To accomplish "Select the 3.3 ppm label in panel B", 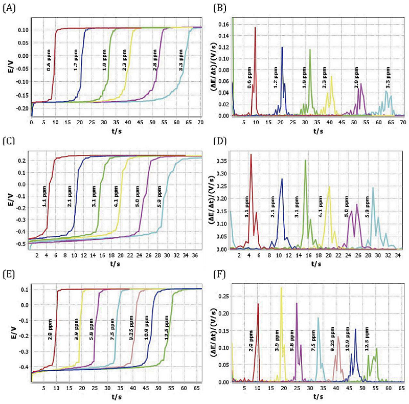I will pyautogui.click(x=388, y=76).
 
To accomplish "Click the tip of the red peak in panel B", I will pyautogui.click(x=255, y=27).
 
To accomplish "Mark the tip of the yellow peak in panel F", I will pyautogui.click(x=281, y=287).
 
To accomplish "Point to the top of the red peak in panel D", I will pyautogui.click(x=251, y=154).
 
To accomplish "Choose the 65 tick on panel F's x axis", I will pyautogui.click(x=400, y=389).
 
